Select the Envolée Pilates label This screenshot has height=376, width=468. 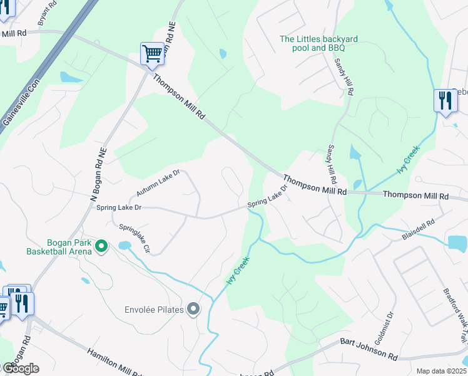[x=153, y=309]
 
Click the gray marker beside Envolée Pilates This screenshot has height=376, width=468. [x=193, y=308]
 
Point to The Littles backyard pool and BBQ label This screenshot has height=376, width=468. [x=318, y=43]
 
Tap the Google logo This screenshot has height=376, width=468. [x=20, y=368]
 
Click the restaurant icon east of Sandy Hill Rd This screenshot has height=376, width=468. [x=445, y=101]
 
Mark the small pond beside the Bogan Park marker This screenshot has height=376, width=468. [x=124, y=245]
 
